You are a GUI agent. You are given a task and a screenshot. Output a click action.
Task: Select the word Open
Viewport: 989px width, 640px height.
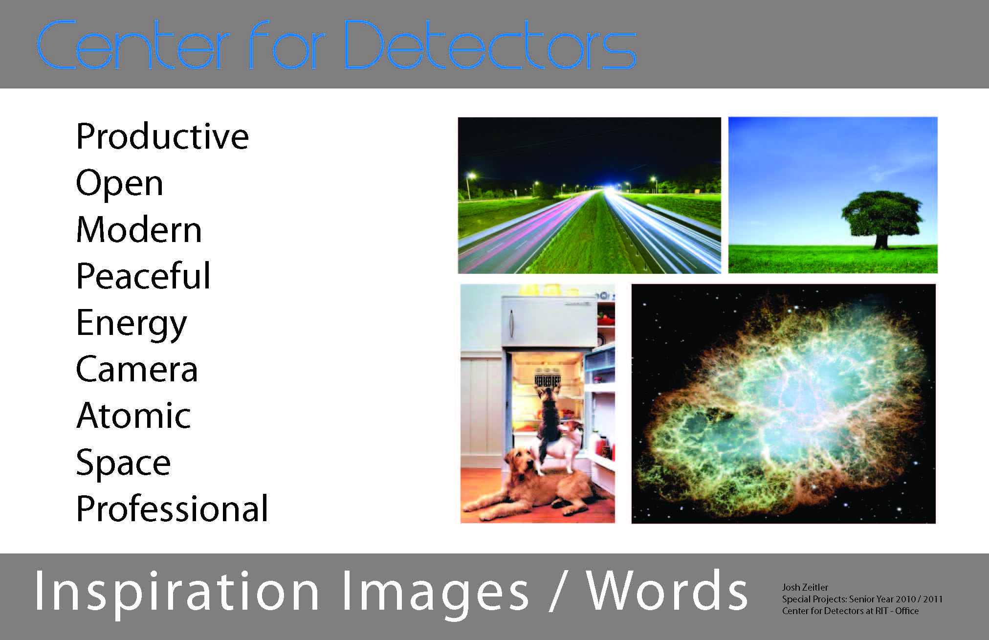[x=119, y=184]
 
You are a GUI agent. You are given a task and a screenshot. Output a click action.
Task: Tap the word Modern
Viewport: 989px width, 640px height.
[x=139, y=229]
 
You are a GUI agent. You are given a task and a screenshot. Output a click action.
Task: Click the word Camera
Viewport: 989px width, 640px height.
[x=137, y=369]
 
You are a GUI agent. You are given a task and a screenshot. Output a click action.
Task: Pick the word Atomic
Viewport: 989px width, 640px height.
[x=133, y=415]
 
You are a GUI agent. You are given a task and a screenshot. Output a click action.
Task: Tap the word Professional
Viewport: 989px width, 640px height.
[x=172, y=508]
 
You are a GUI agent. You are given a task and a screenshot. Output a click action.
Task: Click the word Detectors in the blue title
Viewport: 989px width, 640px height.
[x=489, y=45]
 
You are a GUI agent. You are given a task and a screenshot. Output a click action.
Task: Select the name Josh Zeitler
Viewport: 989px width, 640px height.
[x=805, y=587]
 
